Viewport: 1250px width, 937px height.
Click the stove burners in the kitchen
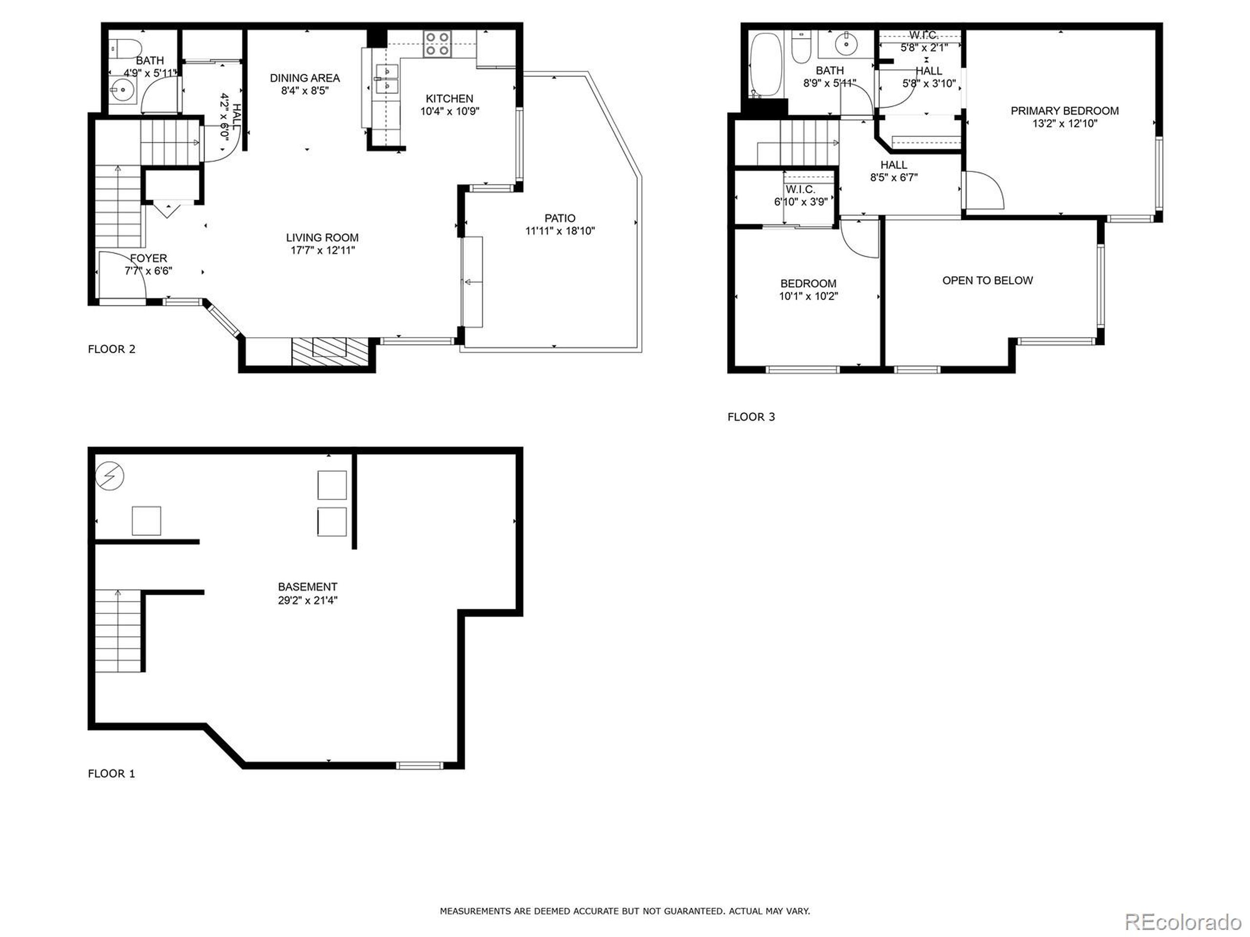point(438,43)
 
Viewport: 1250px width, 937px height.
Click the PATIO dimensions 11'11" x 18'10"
point(560,230)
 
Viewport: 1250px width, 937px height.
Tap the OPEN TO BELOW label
point(987,280)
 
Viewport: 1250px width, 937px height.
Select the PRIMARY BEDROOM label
point(1064,111)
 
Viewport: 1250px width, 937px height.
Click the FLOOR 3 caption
point(750,417)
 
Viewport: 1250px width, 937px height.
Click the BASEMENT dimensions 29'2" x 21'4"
point(308,600)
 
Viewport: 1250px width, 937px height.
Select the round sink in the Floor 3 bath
point(846,43)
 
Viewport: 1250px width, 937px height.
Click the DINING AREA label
point(305,78)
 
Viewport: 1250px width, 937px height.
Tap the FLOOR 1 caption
point(111,773)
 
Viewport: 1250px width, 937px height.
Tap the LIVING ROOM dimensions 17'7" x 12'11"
point(322,250)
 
